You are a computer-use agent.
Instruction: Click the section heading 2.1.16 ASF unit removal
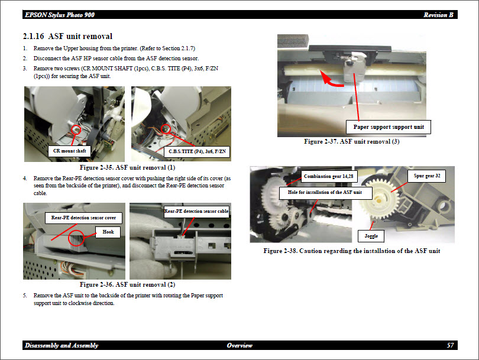pos(67,37)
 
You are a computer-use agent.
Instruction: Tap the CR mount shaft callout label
pos(70,151)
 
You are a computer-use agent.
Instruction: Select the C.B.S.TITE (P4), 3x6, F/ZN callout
pos(196,152)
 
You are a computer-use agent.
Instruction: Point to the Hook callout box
pos(108,232)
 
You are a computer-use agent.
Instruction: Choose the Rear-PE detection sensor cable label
pos(196,211)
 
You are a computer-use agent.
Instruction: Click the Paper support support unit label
pos(389,127)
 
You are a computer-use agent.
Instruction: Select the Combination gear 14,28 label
pos(329,176)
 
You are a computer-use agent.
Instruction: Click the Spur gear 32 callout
pos(426,176)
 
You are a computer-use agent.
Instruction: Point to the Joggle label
pos(371,236)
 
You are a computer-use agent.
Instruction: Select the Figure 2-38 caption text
pos(351,251)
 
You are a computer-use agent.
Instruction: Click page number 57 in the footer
pos(450,345)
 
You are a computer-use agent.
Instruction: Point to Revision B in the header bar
pos(438,15)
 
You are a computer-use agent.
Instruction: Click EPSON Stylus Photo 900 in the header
pos(59,15)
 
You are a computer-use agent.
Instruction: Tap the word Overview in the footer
pos(239,345)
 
